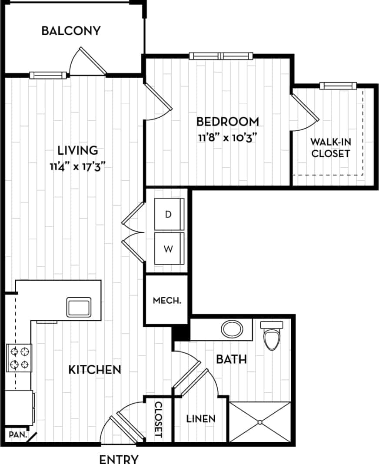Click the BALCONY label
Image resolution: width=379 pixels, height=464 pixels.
(71, 31)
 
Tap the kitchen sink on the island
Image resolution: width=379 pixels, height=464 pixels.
(79, 307)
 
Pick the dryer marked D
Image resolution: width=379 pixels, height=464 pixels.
(169, 215)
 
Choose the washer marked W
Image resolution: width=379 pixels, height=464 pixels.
(169, 249)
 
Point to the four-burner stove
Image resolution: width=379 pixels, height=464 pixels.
(19, 357)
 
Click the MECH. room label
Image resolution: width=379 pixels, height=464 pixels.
(167, 300)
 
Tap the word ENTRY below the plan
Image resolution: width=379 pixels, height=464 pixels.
(119, 459)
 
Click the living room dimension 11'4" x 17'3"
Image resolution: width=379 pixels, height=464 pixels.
(77, 167)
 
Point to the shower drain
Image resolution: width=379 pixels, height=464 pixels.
(259, 422)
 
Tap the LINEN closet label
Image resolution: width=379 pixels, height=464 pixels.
(201, 419)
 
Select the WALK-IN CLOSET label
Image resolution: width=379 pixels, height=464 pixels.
(331, 148)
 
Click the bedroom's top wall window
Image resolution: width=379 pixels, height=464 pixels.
(221, 56)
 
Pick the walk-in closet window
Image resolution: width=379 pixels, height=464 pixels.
(338, 86)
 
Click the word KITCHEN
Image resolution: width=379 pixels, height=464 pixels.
(95, 370)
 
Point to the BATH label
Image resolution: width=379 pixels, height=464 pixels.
(231, 359)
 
